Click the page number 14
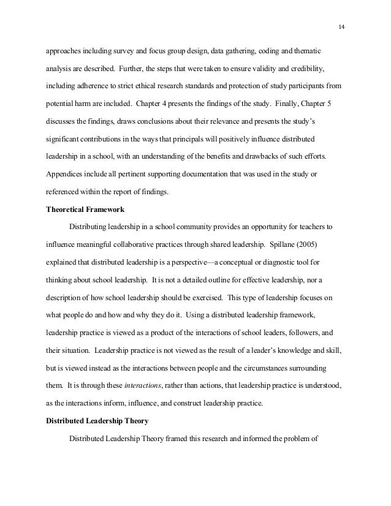341,27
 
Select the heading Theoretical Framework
85,208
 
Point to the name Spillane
271,244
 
